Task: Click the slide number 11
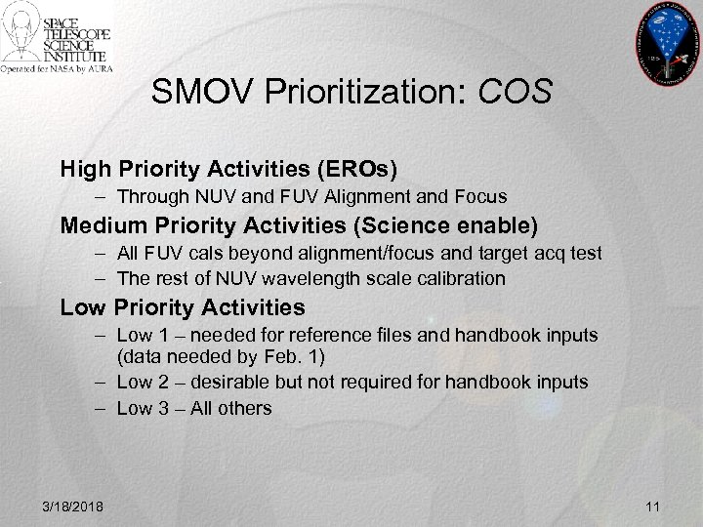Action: [x=653, y=506]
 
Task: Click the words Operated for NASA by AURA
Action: [x=57, y=69]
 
